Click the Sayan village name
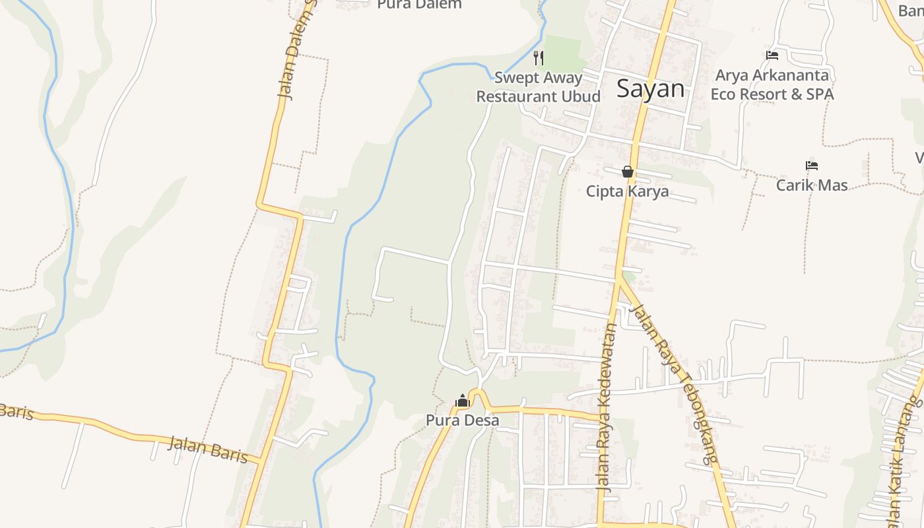click(650, 89)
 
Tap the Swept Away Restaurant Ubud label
click(538, 87)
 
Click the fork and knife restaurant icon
click(539, 58)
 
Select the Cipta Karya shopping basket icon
click(628, 172)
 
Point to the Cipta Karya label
click(627, 191)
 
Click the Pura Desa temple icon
click(463, 401)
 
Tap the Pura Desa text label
click(462, 420)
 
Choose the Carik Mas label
click(812, 185)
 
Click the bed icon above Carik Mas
click(812, 166)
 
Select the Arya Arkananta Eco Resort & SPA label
click(772, 85)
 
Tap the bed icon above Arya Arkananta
click(772, 55)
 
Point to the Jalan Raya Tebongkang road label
click(673, 383)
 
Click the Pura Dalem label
click(419, 5)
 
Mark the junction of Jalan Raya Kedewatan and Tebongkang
click(619, 277)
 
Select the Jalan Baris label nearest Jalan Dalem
click(207, 449)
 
